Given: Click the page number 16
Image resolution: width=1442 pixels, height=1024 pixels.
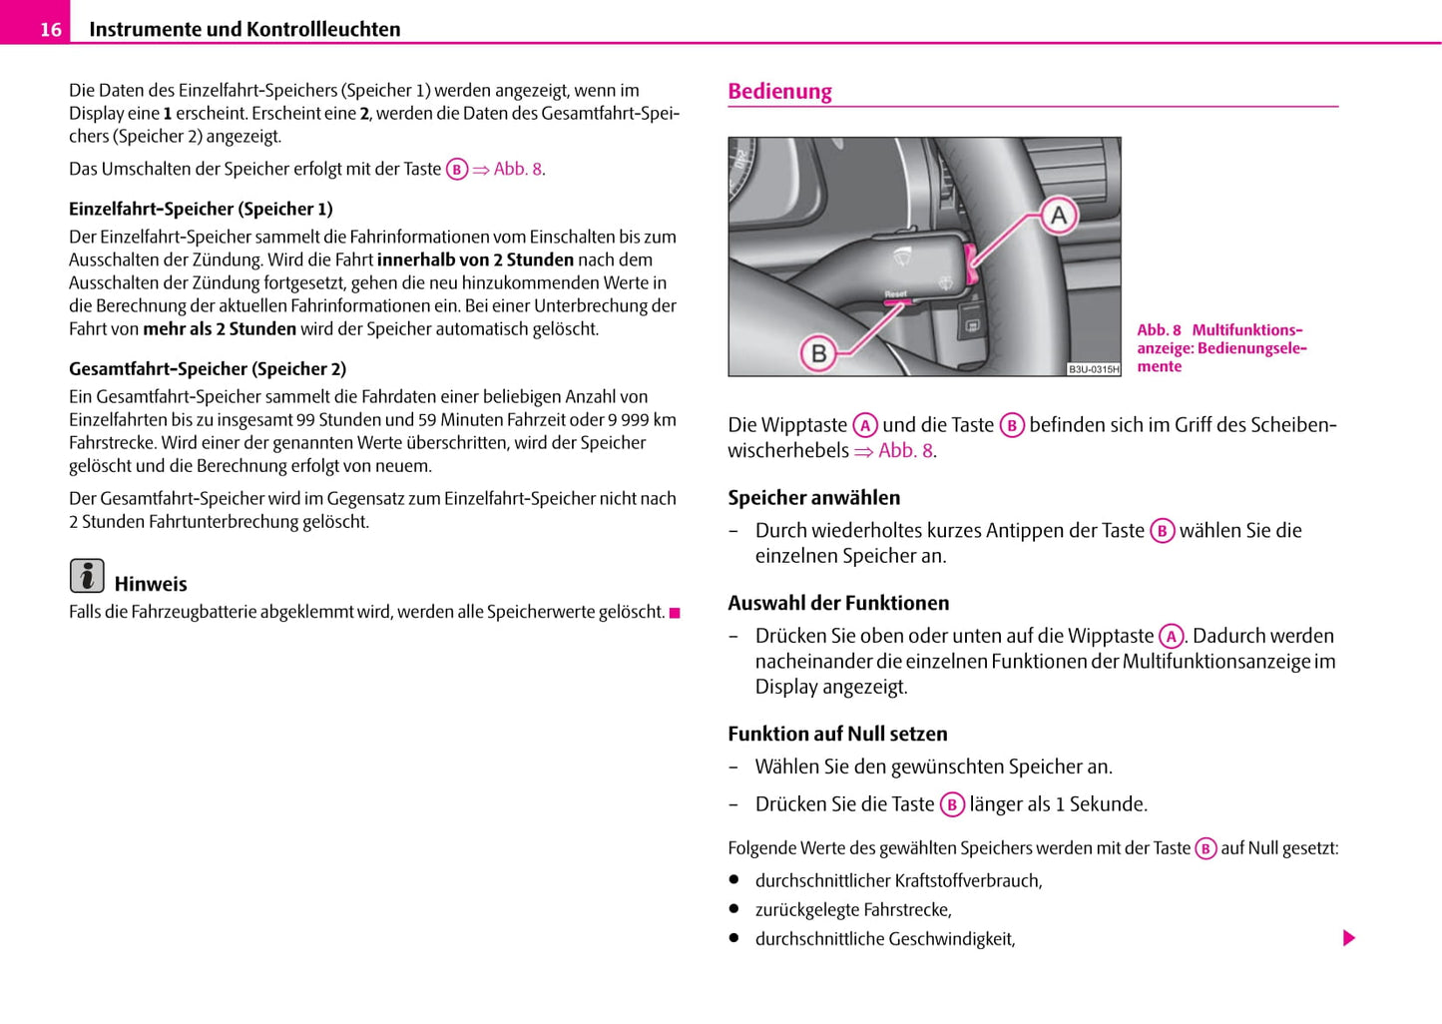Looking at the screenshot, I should pyautogui.click(x=50, y=30).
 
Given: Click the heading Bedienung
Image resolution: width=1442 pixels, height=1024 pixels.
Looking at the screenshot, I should pyautogui.click(x=779, y=91).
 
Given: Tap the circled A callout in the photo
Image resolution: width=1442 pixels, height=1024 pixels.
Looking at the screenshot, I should pyautogui.click(x=1059, y=215).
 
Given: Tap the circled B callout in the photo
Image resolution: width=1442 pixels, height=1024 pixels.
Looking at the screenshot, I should pyautogui.click(x=818, y=352).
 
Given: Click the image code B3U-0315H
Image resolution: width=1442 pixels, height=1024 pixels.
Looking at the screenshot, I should pyautogui.click(x=1094, y=369).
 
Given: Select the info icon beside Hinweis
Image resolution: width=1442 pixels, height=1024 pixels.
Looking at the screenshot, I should pyautogui.click(x=87, y=576).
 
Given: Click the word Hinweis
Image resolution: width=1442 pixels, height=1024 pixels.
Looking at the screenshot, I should pyautogui.click(x=151, y=584).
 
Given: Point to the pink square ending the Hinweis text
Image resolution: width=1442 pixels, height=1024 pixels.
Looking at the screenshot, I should pyautogui.click(x=675, y=613).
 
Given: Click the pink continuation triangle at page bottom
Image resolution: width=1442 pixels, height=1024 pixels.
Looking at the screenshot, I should pyautogui.click(x=1349, y=938).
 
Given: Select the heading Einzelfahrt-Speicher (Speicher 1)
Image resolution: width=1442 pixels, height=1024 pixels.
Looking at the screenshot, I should pyautogui.click(x=201, y=209).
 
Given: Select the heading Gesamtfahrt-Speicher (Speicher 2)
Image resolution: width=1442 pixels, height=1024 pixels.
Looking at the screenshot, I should pyautogui.click(x=208, y=368).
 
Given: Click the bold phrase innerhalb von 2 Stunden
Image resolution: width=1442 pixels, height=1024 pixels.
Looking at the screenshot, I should pyautogui.click(x=475, y=259).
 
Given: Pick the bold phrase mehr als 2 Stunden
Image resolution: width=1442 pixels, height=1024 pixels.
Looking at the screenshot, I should pyautogui.click(x=220, y=328).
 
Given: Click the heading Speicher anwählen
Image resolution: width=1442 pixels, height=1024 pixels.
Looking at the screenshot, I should pyautogui.click(x=813, y=497).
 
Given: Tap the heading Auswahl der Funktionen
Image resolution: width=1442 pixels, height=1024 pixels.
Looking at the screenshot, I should pyautogui.click(x=838, y=603).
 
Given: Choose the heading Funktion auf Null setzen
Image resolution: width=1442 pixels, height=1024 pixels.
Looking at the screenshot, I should pyautogui.click(x=837, y=734).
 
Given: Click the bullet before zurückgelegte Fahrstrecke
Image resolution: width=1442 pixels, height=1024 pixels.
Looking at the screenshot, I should pyautogui.click(x=733, y=909).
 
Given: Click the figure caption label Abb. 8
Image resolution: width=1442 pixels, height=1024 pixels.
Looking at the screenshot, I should pyautogui.click(x=1159, y=330).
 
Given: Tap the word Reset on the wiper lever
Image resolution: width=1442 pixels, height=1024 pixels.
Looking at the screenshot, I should pyautogui.click(x=896, y=293).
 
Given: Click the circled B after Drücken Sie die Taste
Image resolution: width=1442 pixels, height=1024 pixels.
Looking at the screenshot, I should pyautogui.click(x=952, y=804).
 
